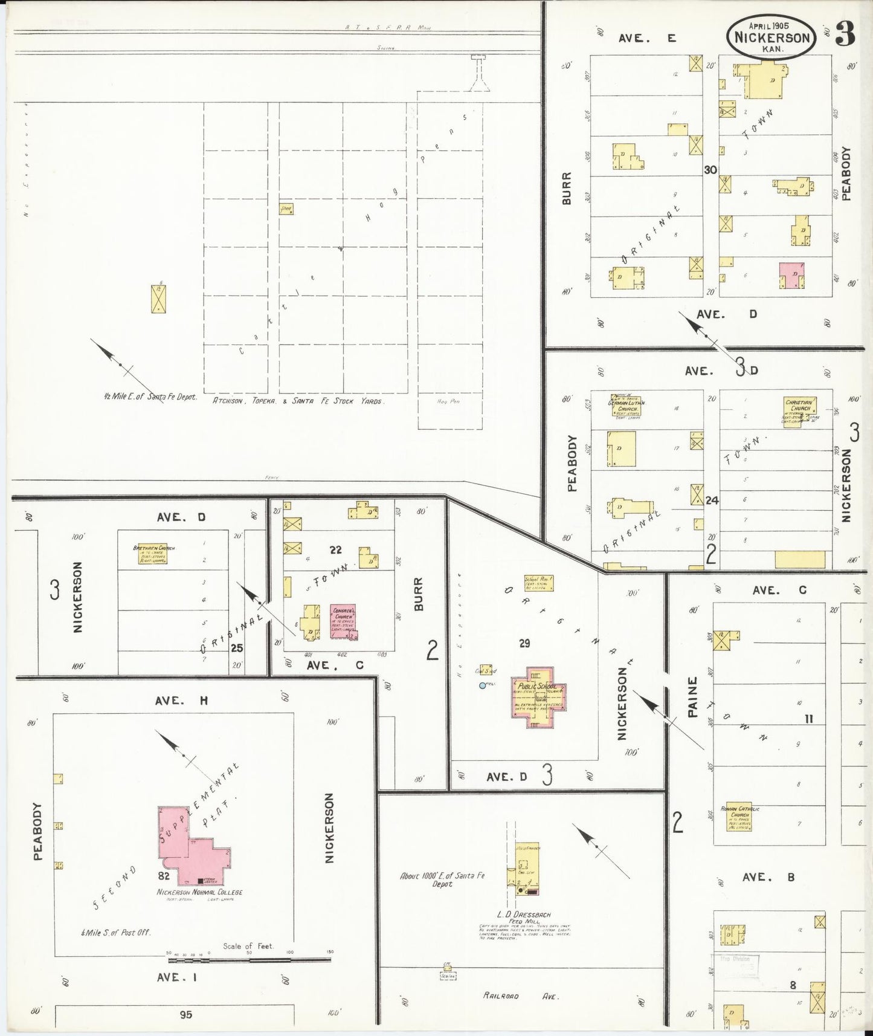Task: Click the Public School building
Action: click(x=537, y=698)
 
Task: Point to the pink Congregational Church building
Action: click(x=343, y=621)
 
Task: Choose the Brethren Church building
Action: click(x=152, y=554)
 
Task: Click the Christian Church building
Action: click(x=800, y=412)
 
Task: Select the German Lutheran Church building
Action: click(x=626, y=406)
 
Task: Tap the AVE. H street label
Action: click(x=181, y=701)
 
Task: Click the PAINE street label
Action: click(x=693, y=696)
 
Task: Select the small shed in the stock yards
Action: click(x=286, y=209)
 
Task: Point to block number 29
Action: click(x=524, y=644)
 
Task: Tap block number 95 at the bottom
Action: click(x=185, y=1014)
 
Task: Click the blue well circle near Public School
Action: click(x=482, y=685)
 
